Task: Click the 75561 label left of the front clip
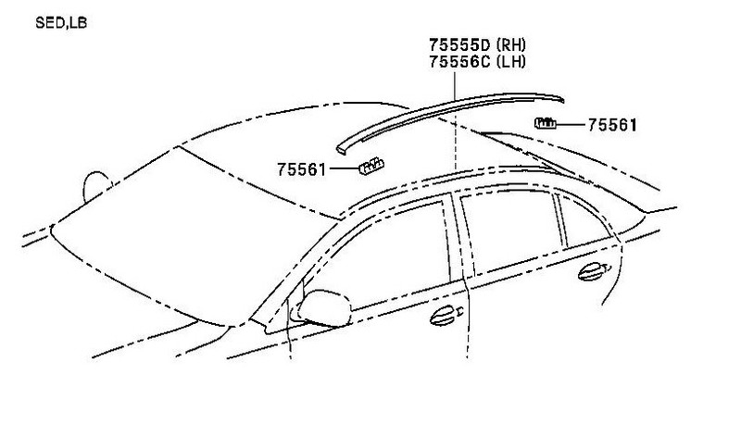[301, 169]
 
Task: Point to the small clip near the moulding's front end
[371, 167]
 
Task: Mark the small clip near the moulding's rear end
[546, 122]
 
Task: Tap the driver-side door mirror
[326, 306]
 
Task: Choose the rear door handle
[589, 271]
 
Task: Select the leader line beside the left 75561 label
[343, 169]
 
